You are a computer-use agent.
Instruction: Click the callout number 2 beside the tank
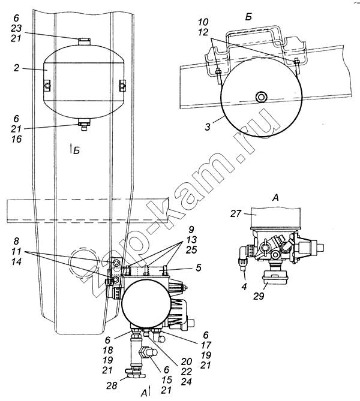coord(16,68)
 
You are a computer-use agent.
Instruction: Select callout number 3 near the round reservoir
coord(208,127)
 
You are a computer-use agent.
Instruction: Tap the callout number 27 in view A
coord(236,213)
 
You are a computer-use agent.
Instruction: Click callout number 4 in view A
coord(244,287)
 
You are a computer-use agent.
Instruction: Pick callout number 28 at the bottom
coord(112,385)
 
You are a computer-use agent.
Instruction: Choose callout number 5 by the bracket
coord(199,268)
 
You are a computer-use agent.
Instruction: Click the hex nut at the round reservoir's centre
coord(261,97)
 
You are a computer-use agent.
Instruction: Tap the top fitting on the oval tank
coord(85,41)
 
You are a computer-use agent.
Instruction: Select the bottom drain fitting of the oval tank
coord(84,125)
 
